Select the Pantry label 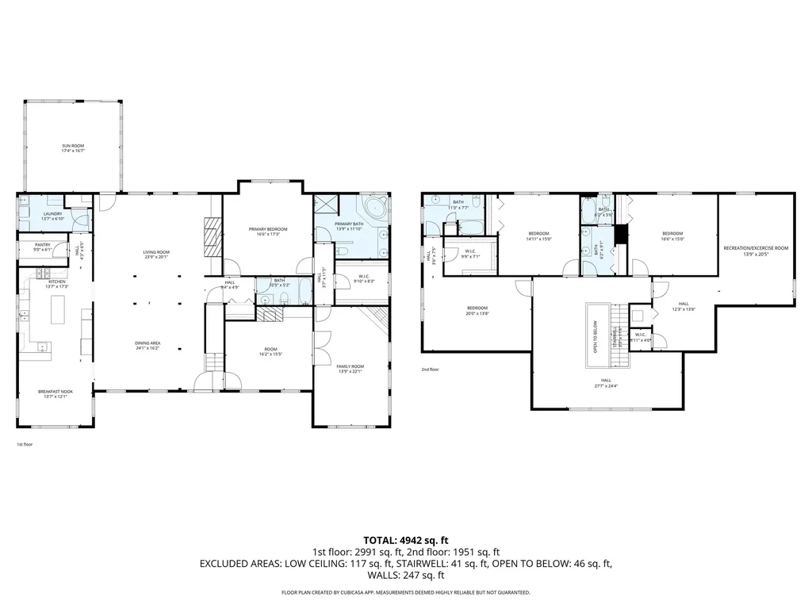coord(43,248)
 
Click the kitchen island coord(59,310)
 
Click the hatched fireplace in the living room coord(210,236)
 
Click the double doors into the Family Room coord(320,346)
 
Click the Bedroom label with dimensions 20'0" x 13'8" coord(477,310)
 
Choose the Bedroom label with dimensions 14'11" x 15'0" coord(538,236)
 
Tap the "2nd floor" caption coord(431,370)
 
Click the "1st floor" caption coord(25,445)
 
